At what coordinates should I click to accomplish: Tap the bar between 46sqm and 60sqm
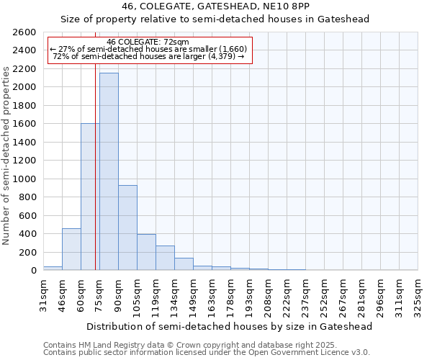click(71, 249)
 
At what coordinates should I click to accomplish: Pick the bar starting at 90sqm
click(127, 228)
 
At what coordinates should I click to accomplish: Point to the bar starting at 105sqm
click(146, 252)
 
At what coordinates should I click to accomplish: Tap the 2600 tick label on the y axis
click(24, 32)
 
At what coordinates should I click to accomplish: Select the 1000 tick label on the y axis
click(24, 179)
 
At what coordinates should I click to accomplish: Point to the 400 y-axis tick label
click(27, 234)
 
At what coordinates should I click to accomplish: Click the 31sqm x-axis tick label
click(43, 295)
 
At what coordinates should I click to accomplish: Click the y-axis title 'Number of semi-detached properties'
click(7, 155)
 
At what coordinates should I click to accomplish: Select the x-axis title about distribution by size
click(230, 327)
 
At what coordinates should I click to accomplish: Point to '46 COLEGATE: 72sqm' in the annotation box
click(148, 42)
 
